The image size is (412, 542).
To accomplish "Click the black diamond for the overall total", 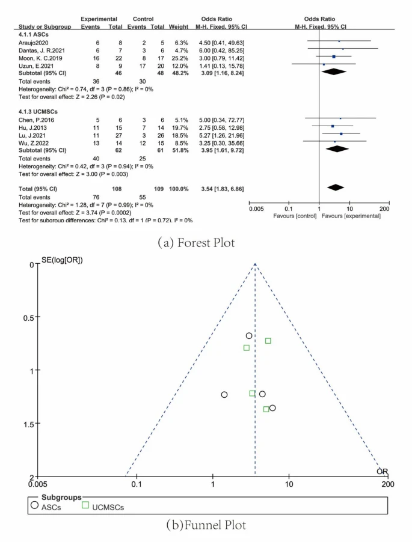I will coord(335,189).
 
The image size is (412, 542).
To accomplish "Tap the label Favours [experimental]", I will coord(351,215).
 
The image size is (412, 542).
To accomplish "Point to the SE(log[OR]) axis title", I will coord(62,260).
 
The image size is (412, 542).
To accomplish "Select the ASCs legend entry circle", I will coord(34,506).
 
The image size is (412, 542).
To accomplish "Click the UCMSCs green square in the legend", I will coord(85,506).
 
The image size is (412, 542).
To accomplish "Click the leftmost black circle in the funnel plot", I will coord(224,395).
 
